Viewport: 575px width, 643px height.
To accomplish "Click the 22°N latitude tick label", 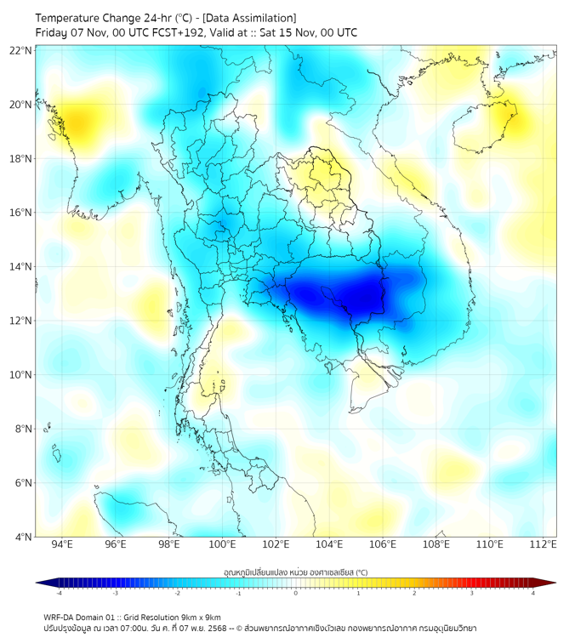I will click(x=21, y=51).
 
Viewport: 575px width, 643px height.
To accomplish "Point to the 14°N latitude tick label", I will click(x=21, y=267).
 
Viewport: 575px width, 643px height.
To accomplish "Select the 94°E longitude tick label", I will click(x=62, y=544).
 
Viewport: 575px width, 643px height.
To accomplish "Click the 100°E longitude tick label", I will click(x=223, y=544).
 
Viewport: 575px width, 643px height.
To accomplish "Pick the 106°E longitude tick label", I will click(x=384, y=544).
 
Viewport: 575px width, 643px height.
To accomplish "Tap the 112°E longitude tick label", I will click(x=544, y=544).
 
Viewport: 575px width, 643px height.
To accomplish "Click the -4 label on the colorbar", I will click(x=59, y=593).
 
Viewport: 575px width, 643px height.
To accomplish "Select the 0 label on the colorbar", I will click(x=296, y=593).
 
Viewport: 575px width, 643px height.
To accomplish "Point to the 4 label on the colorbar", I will click(x=533, y=593).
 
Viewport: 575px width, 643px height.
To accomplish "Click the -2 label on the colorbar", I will click(x=177, y=593).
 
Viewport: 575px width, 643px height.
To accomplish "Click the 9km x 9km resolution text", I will click(x=199, y=617).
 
